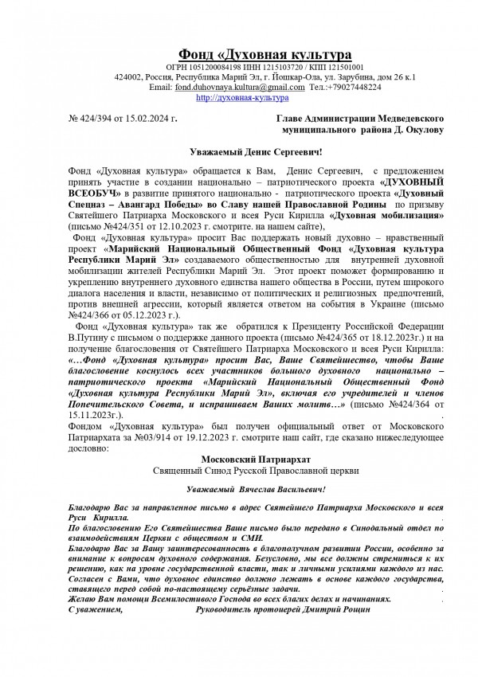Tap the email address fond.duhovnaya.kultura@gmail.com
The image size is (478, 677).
click(239, 87)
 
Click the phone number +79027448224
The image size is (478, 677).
click(354, 87)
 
